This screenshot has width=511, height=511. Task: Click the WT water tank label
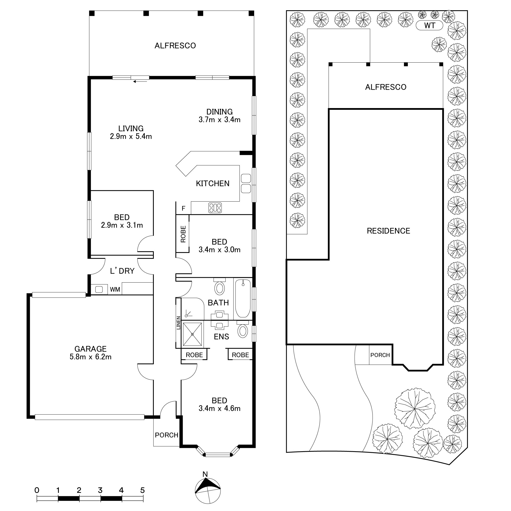click(x=429, y=26)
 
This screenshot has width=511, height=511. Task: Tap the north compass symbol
click(x=208, y=491)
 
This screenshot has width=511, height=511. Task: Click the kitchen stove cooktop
click(x=215, y=208)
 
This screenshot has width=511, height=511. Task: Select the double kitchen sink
click(x=246, y=183)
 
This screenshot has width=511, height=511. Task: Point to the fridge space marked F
click(x=183, y=209)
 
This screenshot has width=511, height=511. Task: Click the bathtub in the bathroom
click(x=243, y=298)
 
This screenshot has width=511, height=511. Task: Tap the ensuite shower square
click(x=192, y=334)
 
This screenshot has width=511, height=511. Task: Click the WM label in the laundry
click(x=115, y=290)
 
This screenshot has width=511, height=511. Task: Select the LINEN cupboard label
click(x=179, y=323)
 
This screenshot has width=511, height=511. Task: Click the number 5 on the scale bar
click(x=142, y=490)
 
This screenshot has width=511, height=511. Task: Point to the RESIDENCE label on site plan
click(x=388, y=231)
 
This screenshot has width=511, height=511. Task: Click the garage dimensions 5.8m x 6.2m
click(x=90, y=357)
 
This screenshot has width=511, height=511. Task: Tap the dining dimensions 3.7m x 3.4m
click(x=219, y=120)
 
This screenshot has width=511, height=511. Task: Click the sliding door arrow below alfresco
click(x=140, y=82)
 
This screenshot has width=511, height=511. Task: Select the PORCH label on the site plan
click(x=380, y=355)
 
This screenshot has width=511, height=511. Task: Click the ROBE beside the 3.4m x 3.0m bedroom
click(x=183, y=234)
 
